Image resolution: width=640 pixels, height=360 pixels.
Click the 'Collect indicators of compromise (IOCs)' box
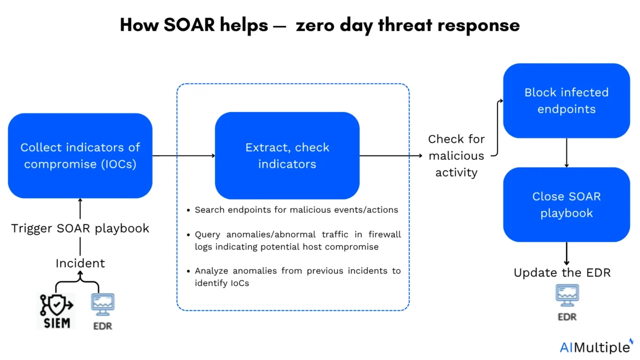[x=80, y=156]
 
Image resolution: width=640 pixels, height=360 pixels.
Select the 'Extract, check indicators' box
[x=287, y=156]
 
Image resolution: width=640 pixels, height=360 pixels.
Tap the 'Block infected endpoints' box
[x=566, y=101]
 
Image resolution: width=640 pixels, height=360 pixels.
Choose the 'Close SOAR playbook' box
[x=566, y=205]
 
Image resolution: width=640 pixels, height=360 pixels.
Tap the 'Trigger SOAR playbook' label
[x=80, y=228]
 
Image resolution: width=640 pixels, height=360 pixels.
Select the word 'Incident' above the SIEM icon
[x=81, y=263]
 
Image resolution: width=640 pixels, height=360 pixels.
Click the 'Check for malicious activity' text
[x=457, y=156]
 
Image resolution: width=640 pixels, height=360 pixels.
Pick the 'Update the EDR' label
[x=562, y=273]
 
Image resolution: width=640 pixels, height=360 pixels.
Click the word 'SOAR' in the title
[x=189, y=25]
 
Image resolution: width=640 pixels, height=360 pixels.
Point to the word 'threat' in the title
[x=406, y=25]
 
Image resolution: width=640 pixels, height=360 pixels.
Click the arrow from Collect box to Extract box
[x=183, y=156]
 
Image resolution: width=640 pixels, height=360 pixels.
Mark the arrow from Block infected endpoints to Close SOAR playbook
[x=566, y=153]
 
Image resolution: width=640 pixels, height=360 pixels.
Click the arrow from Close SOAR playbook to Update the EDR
[x=566, y=254]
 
